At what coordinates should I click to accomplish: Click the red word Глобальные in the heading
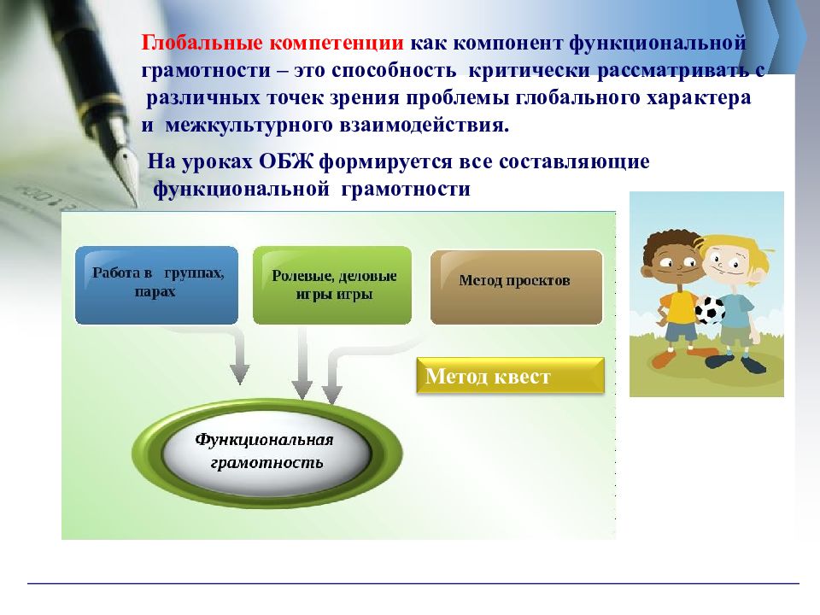[202, 43]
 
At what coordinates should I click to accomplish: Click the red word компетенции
[337, 43]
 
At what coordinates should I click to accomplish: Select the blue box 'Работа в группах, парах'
[157, 285]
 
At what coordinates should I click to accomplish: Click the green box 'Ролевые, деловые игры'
[332, 285]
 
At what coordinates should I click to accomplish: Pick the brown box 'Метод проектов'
[517, 287]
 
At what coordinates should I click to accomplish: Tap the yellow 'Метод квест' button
[511, 376]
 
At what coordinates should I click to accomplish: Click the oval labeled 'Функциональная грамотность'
[267, 453]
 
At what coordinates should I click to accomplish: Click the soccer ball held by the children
[710, 310]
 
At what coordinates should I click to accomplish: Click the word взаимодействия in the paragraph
[425, 126]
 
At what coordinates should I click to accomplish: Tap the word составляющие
[574, 161]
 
